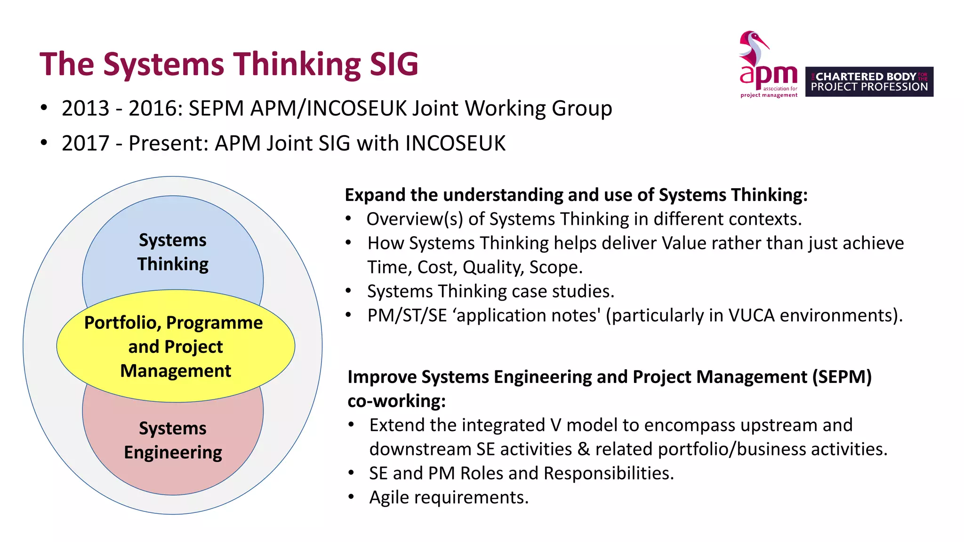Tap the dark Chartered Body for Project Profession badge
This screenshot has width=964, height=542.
[x=869, y=82]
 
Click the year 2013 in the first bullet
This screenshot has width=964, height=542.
[x=85, y=109]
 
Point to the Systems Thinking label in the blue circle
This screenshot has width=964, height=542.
[x=173, y=252]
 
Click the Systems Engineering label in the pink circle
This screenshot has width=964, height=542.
[x=173, y=440]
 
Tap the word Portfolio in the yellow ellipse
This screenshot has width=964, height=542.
[x=122, y=323]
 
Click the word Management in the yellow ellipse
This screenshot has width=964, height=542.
[x=176, y=371]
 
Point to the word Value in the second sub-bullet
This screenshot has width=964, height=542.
[x=683, y=244]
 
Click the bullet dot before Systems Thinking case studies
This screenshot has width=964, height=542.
[x=348, y=291]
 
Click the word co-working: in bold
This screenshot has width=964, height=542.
[x=396, y=401]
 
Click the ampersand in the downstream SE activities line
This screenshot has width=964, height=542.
[x=583, y=449]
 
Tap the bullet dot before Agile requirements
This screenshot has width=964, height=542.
[x=351, y=497]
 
